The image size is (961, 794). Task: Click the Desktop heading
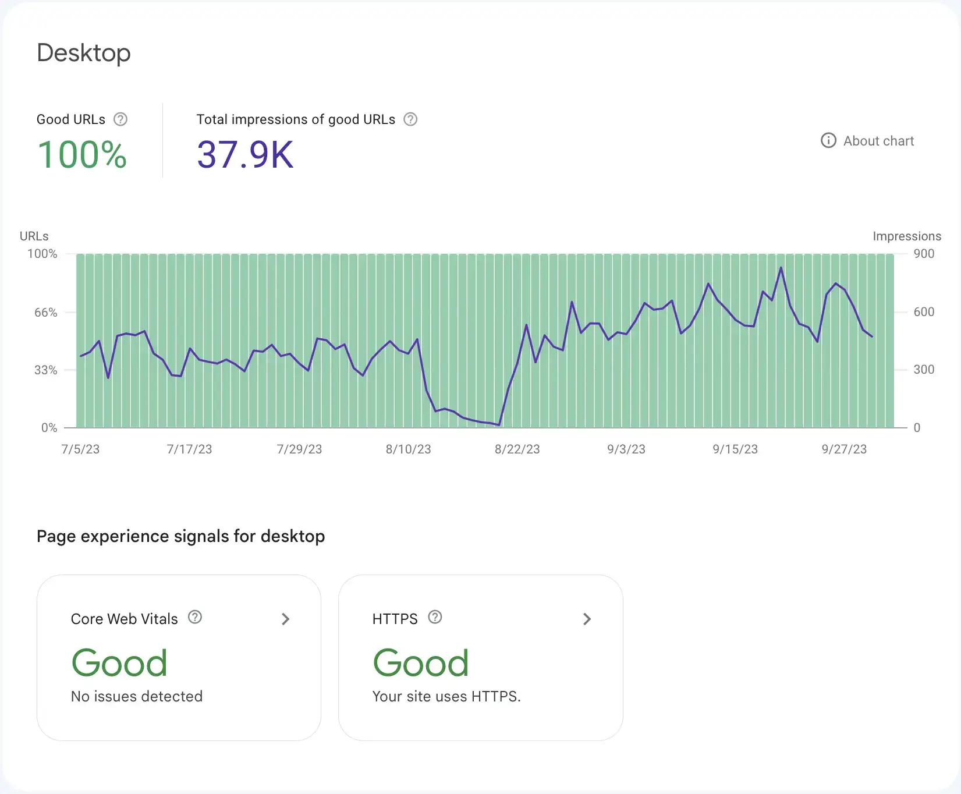click(x=84, y=53)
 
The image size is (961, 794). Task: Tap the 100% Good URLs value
click(x=82, y=155)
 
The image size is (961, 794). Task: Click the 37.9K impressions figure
click(x=245, y=155)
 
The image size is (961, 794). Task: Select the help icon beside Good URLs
click(x=120, y=119)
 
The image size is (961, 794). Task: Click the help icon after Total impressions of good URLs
click(x=410, y=119)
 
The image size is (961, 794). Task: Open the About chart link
click(x=867, y=141)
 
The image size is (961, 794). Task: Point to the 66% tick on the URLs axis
click(x=45, y=313)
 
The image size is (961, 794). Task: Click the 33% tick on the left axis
click(x=45, y=370)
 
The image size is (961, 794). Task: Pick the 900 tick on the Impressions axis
click(x=924, y=254)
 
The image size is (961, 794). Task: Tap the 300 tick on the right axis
click(x=924, y=370)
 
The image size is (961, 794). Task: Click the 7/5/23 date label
click(x=80, y=449)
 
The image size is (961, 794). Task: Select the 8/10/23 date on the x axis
click(x=408, y=449)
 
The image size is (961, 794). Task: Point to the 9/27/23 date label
click(x=844, y=449)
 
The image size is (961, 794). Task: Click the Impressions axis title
click(x=907, y=236)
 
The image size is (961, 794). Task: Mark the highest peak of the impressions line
click(x=781, y=268)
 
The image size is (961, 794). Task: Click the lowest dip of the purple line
click(x=499, y=425)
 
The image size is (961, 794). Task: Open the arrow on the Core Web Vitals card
click(x=285, y=619)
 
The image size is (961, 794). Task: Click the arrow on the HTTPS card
click(x=587, y=619)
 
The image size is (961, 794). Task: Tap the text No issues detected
click(x=137, y=696)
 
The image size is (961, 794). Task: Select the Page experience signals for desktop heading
click(x=180, y=536)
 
